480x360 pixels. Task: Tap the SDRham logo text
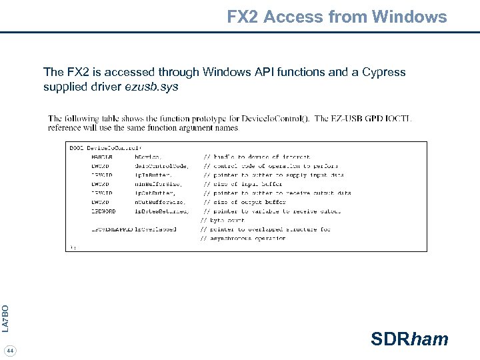pyautogui.click(x=409, y=339)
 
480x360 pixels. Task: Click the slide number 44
pyautogui.click(x=11, y=351)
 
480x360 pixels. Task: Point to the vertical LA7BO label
pyautogui.click(x=5, y=318)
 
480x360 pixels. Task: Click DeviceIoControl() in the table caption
pyautogui.click(x=275, y=119)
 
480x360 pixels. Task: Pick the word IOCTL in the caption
pyautogui.click(x=398, y=119)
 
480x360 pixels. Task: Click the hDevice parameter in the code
pyautogui.click(x=147, y=156)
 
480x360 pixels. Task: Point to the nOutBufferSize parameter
pyautogui.click(x=160, y=201)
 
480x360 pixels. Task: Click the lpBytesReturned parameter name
pyautogui.click(x=163, y=211)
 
